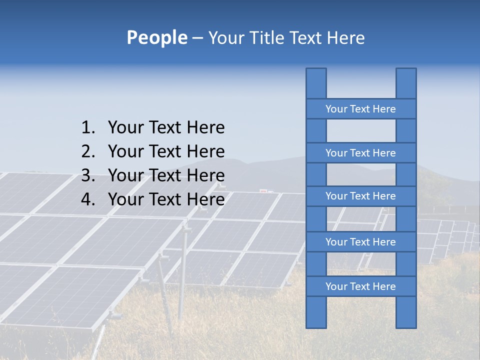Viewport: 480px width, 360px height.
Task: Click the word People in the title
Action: click(x=156, y=38)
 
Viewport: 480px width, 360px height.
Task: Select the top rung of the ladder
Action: click(x=360, y=109)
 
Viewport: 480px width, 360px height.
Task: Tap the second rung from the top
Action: click(x=360, y=153)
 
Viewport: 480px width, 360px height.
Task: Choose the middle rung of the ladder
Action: click(x=360, y=196)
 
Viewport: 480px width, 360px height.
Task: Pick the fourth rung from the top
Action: click(x=360, y=242)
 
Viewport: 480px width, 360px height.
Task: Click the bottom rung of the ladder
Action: click(x=360, y=286)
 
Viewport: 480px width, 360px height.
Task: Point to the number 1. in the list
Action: click(x=88, y=128)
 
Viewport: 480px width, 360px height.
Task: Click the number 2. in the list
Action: click(x=88, y=151)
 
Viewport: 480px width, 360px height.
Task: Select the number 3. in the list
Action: click(x=88, y=175)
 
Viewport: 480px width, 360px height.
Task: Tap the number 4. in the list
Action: click(x=88, y=199)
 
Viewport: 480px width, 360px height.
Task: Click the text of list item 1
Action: click(x=166, y=128)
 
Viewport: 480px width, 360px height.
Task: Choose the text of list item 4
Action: click(x=166, y=199)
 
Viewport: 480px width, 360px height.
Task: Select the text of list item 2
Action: click(x=166, y=151)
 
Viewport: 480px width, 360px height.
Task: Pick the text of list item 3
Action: click(x=166, y=175)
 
